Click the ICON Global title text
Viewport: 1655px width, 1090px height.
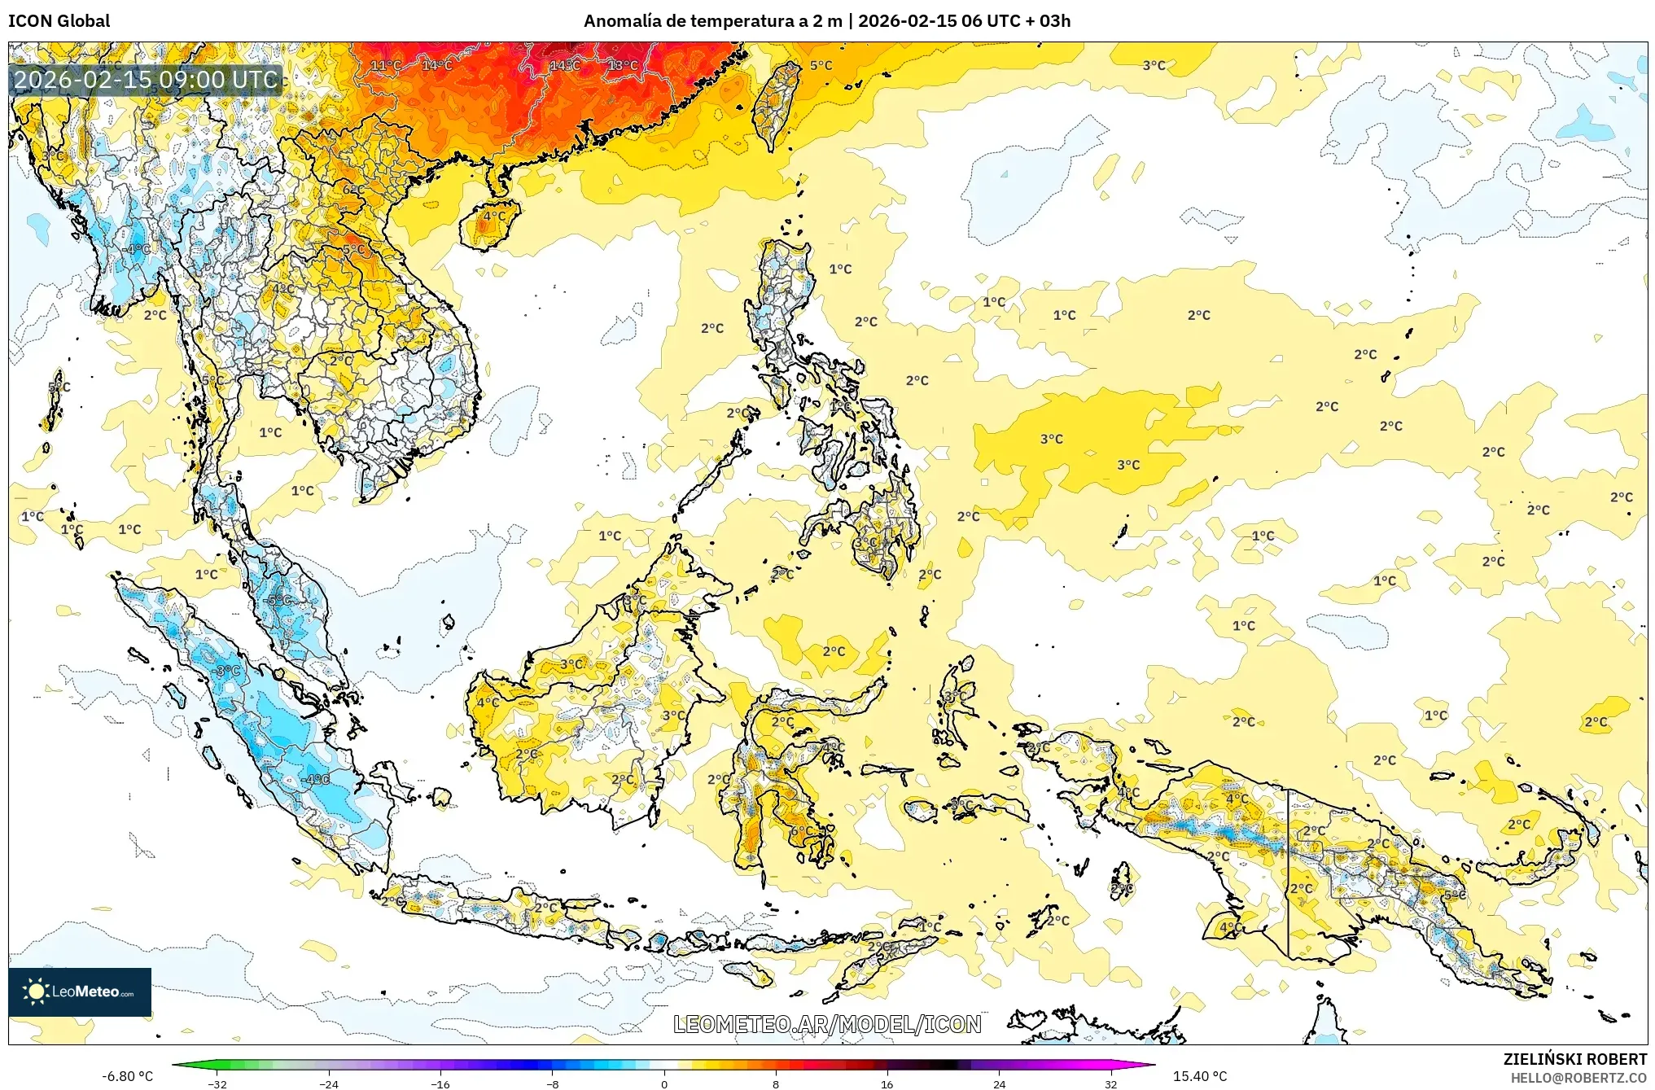tap(59, 21)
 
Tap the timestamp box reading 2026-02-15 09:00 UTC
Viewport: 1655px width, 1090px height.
tap(146, 80)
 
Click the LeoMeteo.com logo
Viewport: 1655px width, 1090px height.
tap(80, 992)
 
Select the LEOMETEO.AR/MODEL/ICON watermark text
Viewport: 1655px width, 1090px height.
tap(827, 1024)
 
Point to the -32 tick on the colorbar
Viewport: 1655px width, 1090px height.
tap(217, 1084)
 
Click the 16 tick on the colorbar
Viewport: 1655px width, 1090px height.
tap(887, 1084)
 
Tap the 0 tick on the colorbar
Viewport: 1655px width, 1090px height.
tap(664, 1084)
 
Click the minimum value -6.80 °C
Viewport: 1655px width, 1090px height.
tap(127, 1076)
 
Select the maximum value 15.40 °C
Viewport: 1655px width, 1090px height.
tap(1199, 1076)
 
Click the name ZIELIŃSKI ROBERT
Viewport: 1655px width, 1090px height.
tap(1574, 1059)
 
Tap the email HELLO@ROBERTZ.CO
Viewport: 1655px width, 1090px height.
tap(1578, 1078)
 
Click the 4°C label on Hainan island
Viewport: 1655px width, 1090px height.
tap(494, 217)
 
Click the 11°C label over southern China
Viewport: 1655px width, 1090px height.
tap(386, 65)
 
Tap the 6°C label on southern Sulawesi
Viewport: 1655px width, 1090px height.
tap(799, 830)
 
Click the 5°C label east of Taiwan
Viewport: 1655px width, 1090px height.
tap(821, 65)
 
